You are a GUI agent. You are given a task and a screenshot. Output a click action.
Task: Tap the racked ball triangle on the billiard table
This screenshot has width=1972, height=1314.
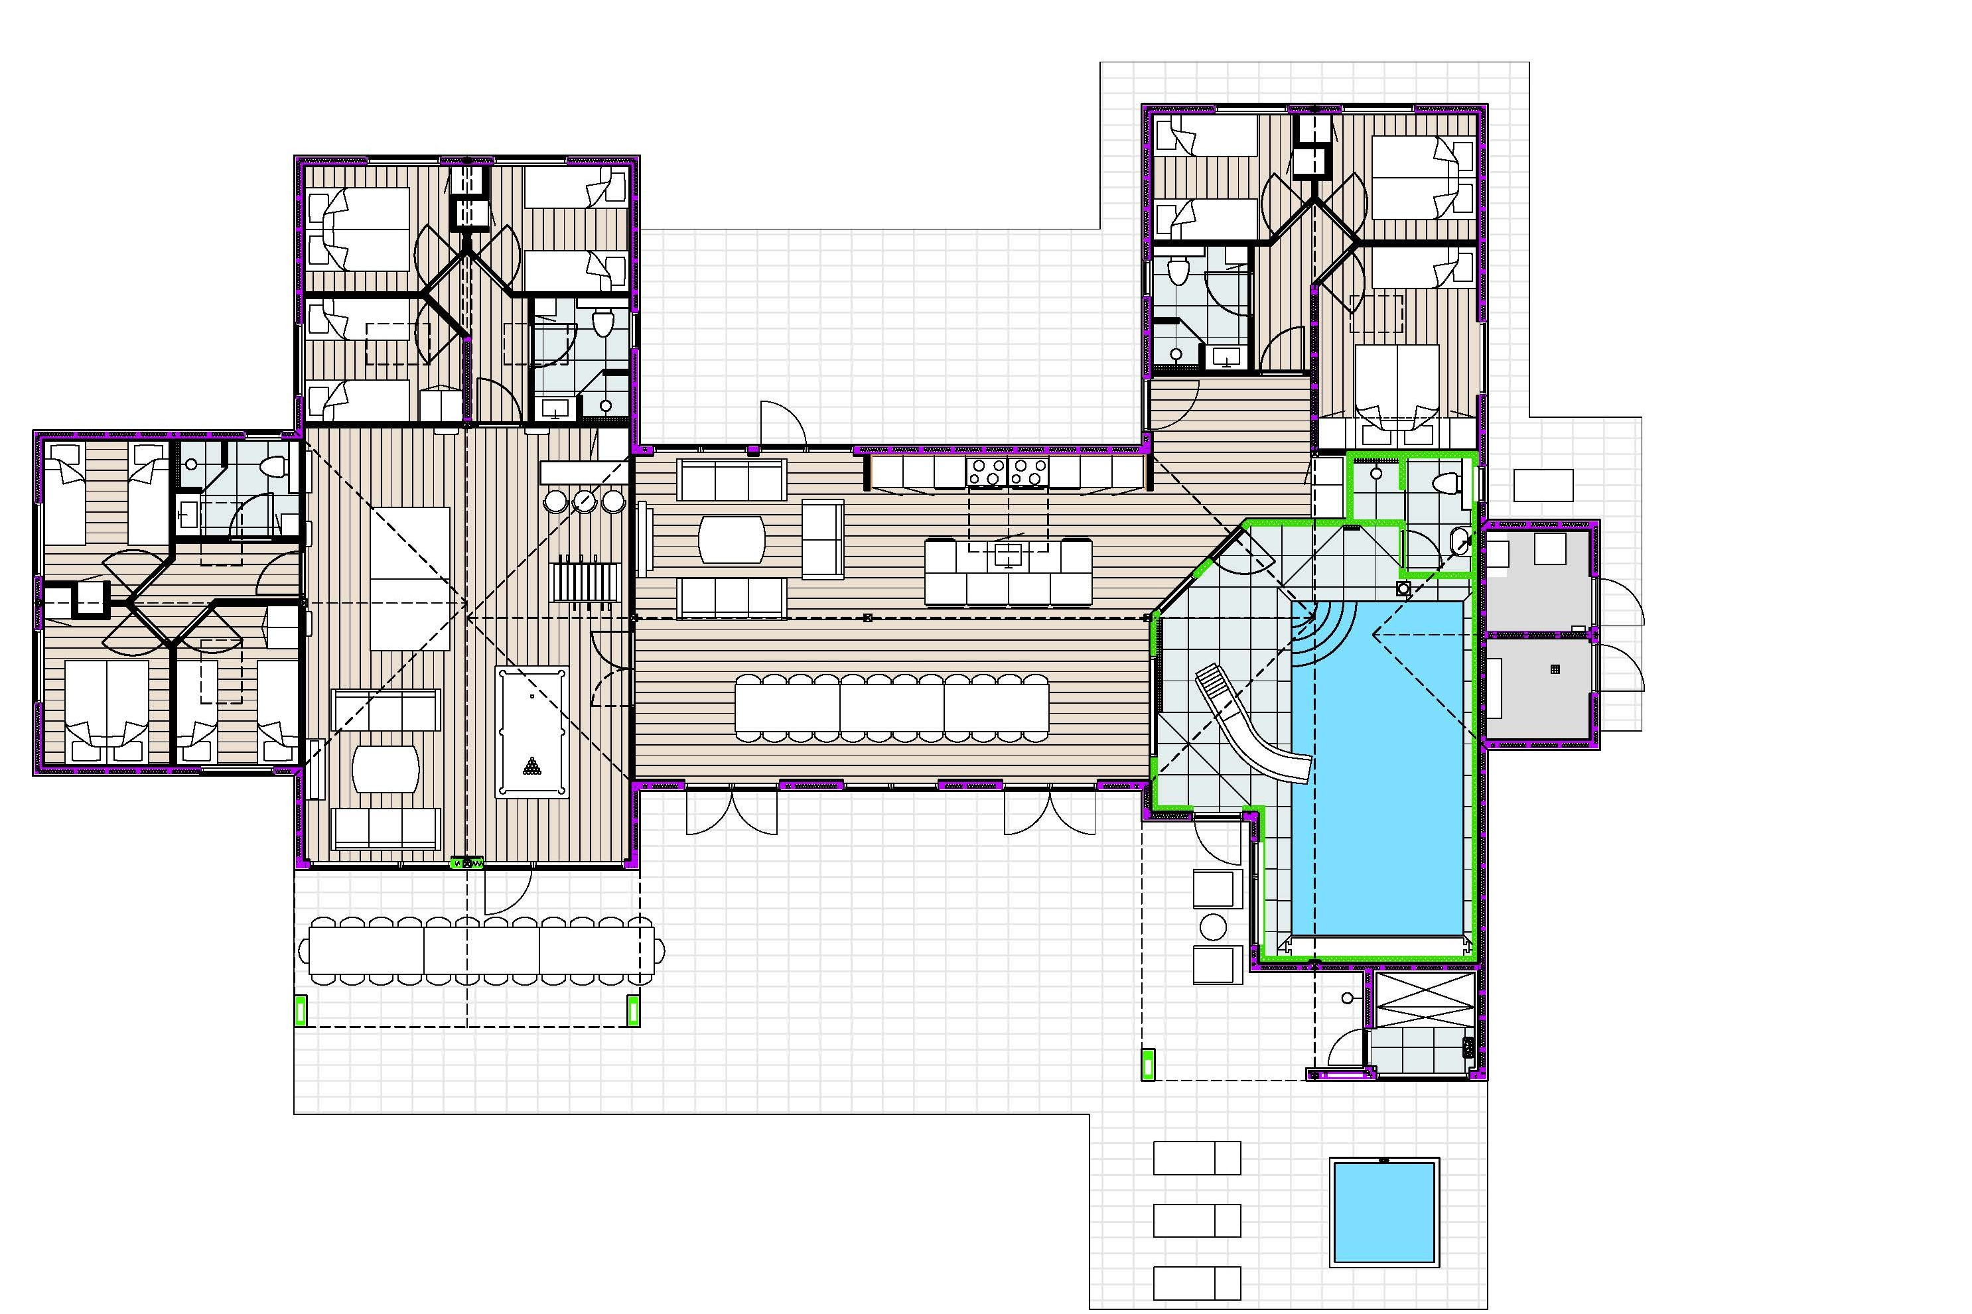[531, 766]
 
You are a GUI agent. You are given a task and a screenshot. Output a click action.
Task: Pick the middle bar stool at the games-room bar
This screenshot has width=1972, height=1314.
[584, 501]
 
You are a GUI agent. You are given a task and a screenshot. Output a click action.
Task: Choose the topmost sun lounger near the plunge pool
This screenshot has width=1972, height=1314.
[1196, 1157]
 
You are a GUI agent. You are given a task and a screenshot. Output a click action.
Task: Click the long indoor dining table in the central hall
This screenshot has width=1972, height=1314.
[891, 706]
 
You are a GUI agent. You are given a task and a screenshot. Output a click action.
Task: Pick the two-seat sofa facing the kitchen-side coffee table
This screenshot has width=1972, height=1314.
[822, 538]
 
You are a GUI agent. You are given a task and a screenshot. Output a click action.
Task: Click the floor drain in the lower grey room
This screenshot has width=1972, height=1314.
[1555, 669]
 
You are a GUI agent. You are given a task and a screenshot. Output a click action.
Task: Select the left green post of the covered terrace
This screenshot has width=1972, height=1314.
[301, 1011]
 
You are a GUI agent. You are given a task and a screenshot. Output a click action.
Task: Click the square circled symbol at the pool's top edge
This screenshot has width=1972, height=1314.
[1404, 588]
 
